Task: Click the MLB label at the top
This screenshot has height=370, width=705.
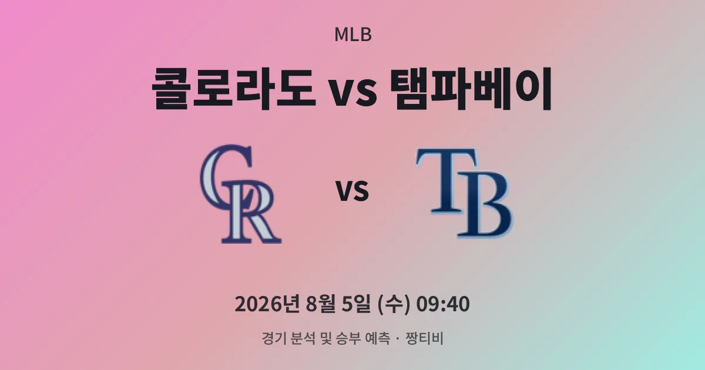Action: pyautogui.click(x=353, y=35)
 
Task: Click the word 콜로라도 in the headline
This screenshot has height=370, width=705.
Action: pyautogui.click(x=234, y=89)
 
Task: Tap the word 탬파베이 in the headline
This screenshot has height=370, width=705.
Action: pyautogui.click(x=471, y=89)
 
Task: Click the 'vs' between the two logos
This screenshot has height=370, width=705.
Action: pyautogui.click(x=352, y=191)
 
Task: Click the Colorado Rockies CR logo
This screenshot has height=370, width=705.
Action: pyautogui.click(x=241, y=194)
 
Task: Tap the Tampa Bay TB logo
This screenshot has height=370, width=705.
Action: pyautogui.click(x=465, y=193)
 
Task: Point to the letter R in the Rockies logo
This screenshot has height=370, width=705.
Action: pyautogui.click(x=252, y=212)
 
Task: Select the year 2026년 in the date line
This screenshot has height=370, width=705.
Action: pyautogui.click(x=267, y=304)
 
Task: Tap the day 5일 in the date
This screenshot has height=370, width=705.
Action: pyautogui.click(x=355, y=304)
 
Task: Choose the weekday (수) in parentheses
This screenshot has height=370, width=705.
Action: pyautogui.click(x=394, y=305)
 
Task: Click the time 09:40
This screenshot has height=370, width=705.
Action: pyautogui.click(x=443, y=304)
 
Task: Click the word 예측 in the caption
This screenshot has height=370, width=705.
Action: pyautogui.click(x=377, y=338)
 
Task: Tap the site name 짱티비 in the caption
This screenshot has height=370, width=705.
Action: pyautogui.click(x=425, y=338)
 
